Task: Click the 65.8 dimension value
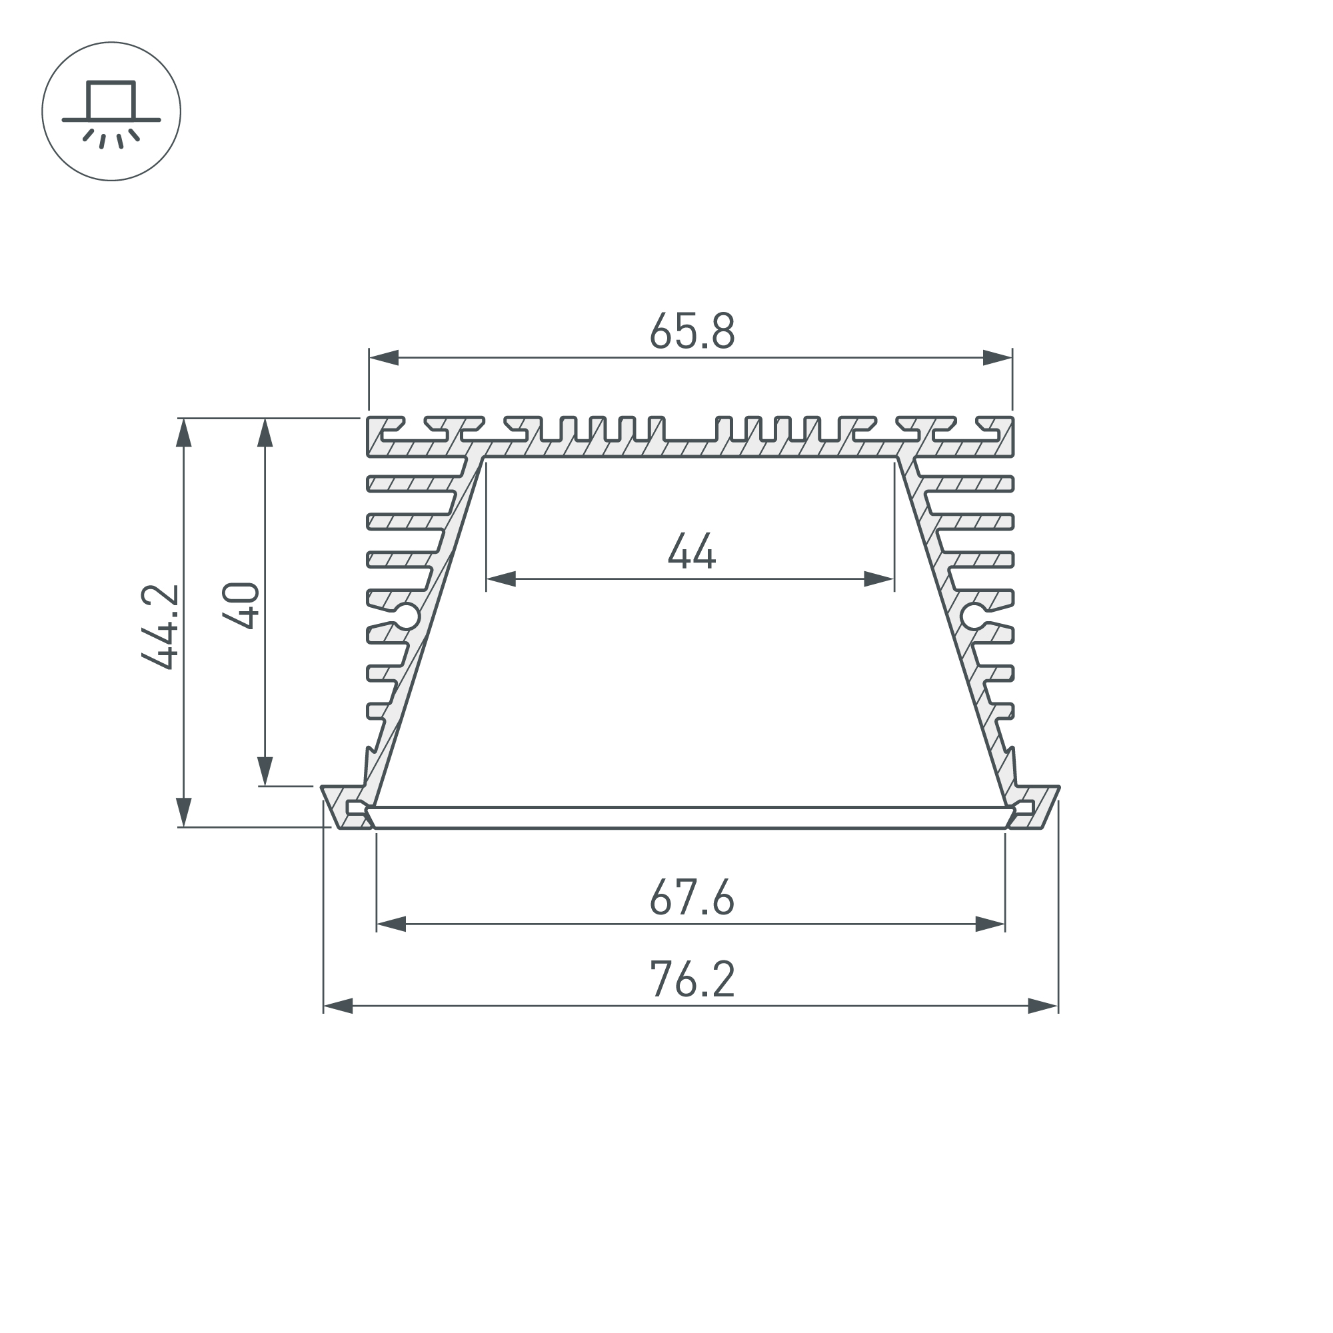(x=692, y=331)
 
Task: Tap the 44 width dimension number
(x=691, y=551)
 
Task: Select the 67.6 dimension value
(x=692, y=897)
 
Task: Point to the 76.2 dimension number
(x=692, y=980)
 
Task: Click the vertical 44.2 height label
(x=161, y=627)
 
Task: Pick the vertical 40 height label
(x=241, y=606)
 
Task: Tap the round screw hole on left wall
(x=407, y=616)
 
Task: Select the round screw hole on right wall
(x=974, y=616)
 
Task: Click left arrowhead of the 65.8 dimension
(x=384, y=357)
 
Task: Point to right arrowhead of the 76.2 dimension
(x=1042, y=1006)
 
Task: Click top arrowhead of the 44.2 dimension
(x=183, y=433)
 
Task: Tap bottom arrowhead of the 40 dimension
(x=265, y=771)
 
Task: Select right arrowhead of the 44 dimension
(x=879, y=579)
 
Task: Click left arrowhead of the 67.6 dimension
(x=391, y=924)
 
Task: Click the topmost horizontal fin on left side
(x=414, y=484)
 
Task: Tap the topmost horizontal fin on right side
(x=966, y=484)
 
